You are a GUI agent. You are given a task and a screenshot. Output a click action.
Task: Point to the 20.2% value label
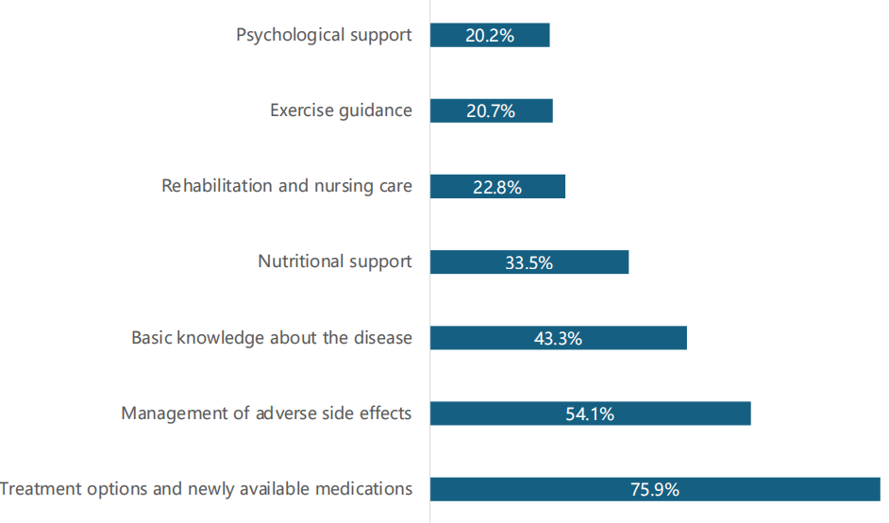point(489,36)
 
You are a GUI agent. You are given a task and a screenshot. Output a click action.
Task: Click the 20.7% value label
point(491,111)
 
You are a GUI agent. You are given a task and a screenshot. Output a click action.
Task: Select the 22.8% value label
point(497,187)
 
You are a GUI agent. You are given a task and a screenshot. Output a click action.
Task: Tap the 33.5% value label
point(528,262)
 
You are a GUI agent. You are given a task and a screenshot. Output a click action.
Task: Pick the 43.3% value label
point(558,338)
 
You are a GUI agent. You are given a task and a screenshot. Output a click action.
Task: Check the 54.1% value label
point(590,413)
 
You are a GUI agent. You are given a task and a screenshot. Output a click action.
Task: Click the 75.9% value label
point(655,489)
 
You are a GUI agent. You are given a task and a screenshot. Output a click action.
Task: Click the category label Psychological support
point(324,35)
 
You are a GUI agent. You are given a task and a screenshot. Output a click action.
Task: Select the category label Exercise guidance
point(341,110)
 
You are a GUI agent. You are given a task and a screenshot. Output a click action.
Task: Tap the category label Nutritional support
point(335,261)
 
